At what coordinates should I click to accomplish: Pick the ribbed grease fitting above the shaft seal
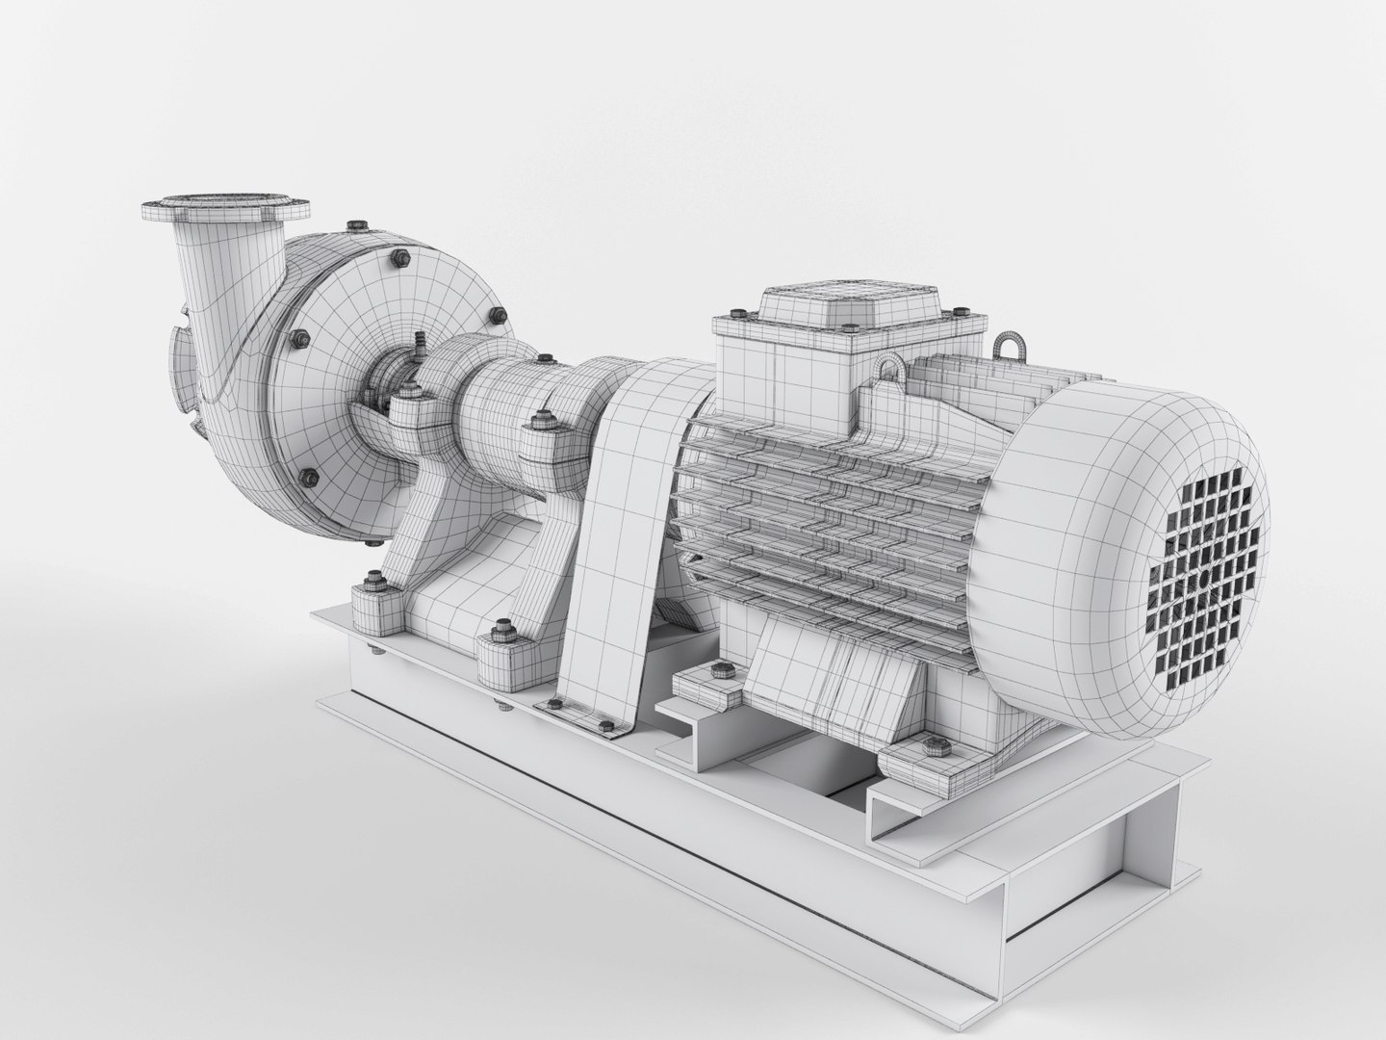[420, 342]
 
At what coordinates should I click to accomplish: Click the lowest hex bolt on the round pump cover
[309, 475]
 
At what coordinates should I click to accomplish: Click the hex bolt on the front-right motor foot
[931, 743]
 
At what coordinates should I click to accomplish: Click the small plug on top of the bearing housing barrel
[544, 361]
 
